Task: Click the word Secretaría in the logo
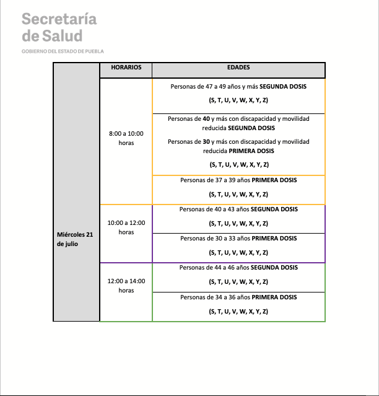click(x=59, y=19)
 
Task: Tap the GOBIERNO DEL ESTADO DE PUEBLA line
click(x=63, y=51)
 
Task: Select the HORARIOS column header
click(x=126, y=67)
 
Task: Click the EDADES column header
click(x=238, y=67)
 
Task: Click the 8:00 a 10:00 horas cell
click(x=126, y=138)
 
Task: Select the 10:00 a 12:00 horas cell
click(x=126, y=227)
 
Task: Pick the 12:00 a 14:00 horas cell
click(x=126, y=285)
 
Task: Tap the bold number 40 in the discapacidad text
click(x=214, y=118)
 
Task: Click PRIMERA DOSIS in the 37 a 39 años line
click(x=274, y=180)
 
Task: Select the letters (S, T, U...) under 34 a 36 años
click(x=238, y=311)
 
